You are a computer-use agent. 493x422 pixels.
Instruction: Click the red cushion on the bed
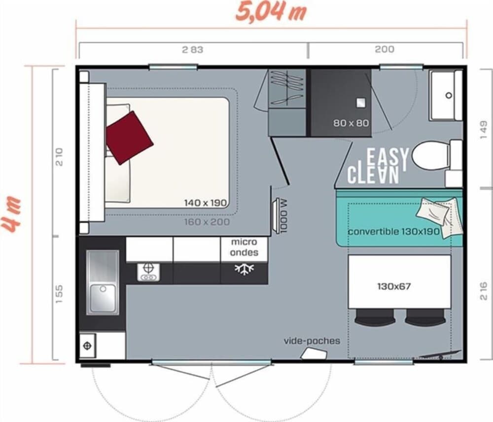point(129,138)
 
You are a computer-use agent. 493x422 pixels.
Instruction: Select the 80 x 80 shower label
point(351,123)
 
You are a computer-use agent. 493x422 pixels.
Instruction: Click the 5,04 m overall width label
point(271,12)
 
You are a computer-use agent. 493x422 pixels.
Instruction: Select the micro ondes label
point(244,247)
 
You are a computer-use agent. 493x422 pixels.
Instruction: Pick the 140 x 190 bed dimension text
point(205,203)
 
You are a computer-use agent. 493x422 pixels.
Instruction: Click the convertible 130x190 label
point(393,231)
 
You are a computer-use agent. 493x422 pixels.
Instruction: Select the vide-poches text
point(312,341)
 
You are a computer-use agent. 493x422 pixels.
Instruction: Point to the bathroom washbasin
point(446,96)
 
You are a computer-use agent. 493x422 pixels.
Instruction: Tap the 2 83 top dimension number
point(193,50)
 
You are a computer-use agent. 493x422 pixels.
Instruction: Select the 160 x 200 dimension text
point(207,222)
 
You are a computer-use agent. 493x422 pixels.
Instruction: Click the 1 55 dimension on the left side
point(60,294)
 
